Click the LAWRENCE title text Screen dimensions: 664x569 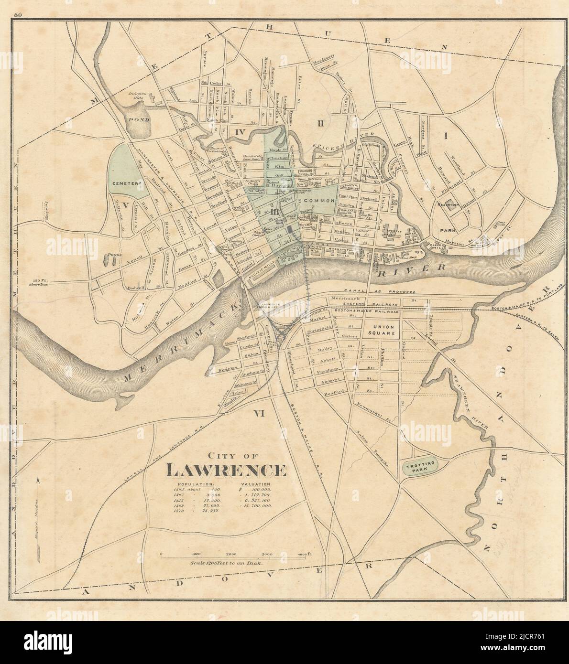[x=226, y=471]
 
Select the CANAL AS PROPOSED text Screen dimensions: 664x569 [x=383, y=291]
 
